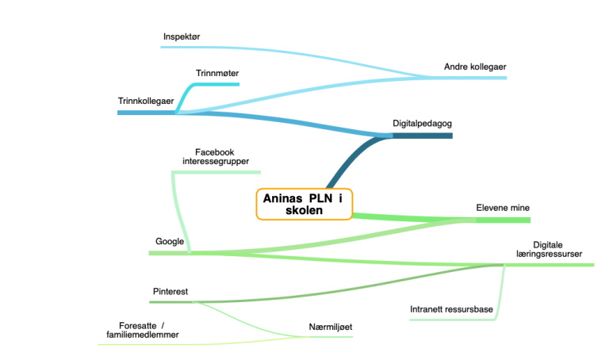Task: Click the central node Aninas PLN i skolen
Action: point(304,205)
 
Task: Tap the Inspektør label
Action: point(182,36)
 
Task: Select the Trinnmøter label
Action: point(217,73)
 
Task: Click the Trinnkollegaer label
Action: point(146,101)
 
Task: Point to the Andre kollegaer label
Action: point(475,67)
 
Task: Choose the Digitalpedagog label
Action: point(422,124)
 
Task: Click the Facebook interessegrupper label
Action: point(216,156)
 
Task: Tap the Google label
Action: point(170,242)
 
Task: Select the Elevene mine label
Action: point(503,208)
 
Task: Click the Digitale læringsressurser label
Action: point(549,249)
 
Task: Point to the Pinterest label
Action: point(170,291)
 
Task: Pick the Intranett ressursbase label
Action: point(451,309)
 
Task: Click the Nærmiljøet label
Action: point(331,327)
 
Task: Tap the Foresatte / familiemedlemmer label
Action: point(143,330)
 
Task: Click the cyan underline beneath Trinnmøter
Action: point(216,84)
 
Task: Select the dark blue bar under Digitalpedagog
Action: point(423,136)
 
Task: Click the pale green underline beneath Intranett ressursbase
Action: point(453,320)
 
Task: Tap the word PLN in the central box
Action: point(321,198)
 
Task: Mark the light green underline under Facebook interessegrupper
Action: point(216,172)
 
